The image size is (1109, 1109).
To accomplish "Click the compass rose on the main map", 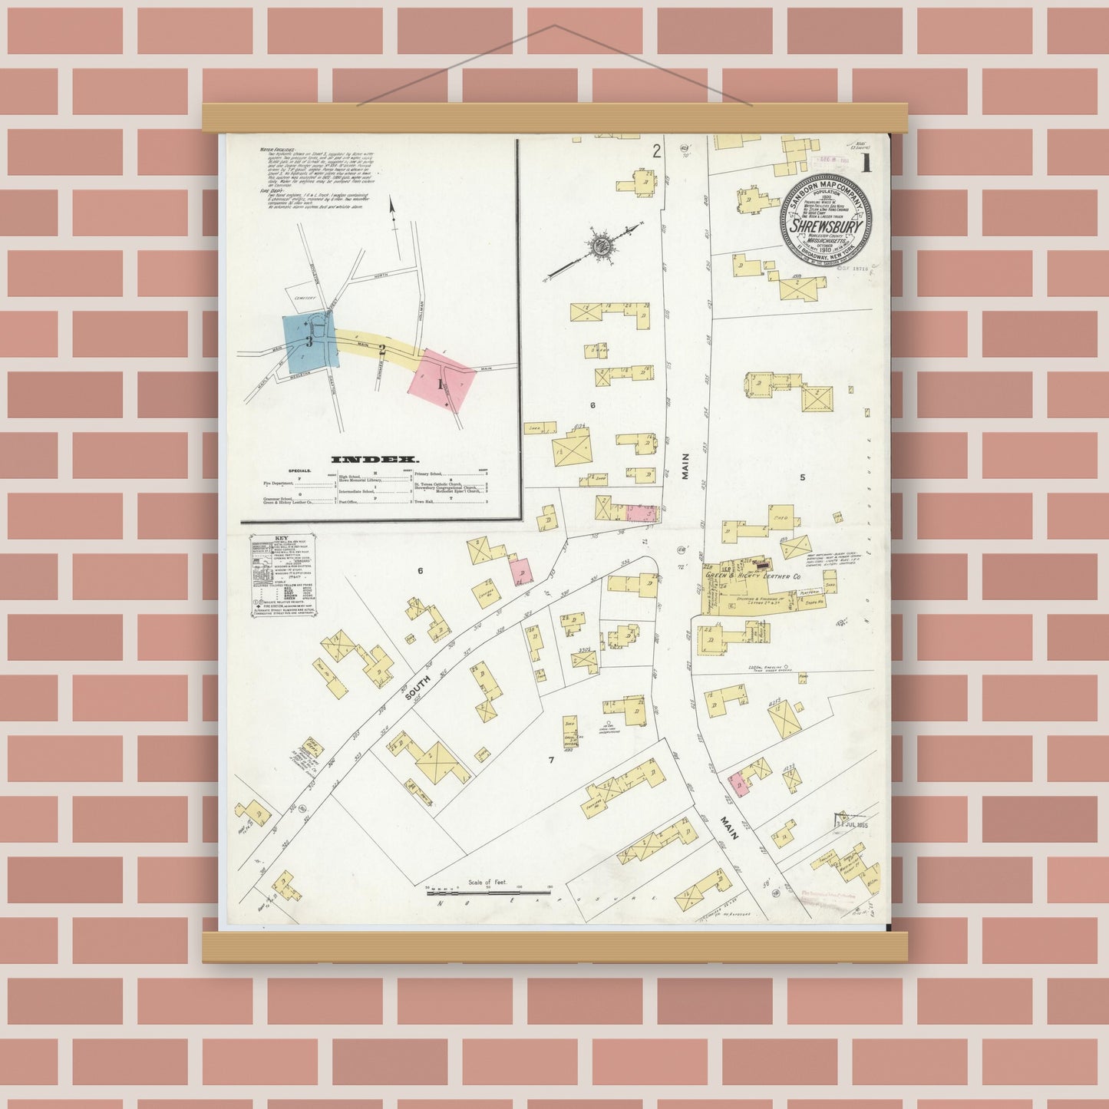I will pos(599,246).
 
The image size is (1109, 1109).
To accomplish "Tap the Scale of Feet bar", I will pos(489,892).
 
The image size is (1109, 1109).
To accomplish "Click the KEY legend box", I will pos(282,574).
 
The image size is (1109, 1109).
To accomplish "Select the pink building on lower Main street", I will pos(738,784).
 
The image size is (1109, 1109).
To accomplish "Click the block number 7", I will pos(550,760).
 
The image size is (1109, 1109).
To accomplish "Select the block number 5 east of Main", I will pos(802,477).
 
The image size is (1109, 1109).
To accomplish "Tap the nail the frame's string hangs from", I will pos(554,25).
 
